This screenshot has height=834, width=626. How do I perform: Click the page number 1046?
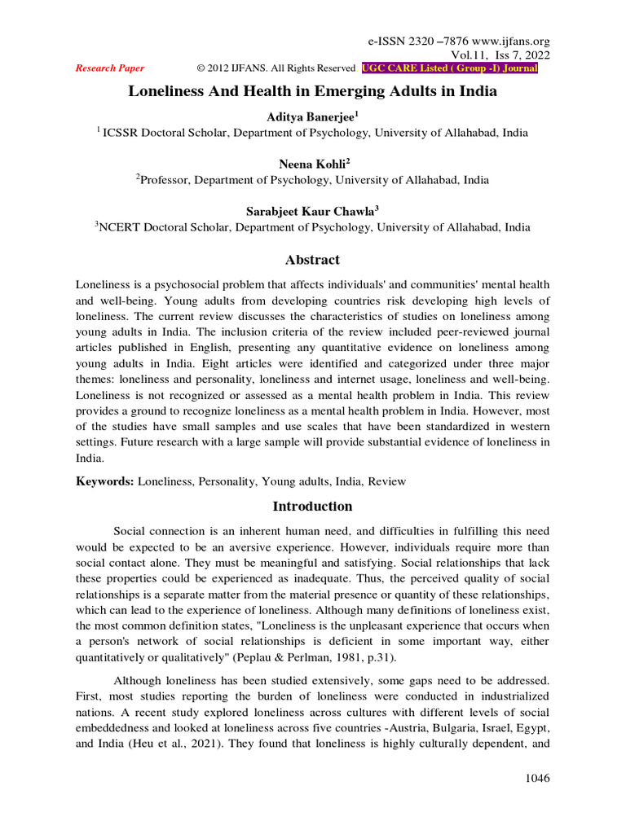536,779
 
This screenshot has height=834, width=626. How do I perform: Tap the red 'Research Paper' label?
110,68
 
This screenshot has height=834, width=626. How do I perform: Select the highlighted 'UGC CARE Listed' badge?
450,68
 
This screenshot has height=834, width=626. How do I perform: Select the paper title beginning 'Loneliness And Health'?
312,91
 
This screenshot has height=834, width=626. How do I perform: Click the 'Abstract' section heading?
312,260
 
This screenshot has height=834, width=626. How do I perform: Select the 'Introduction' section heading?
312,506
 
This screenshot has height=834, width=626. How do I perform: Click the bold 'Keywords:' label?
105,481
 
